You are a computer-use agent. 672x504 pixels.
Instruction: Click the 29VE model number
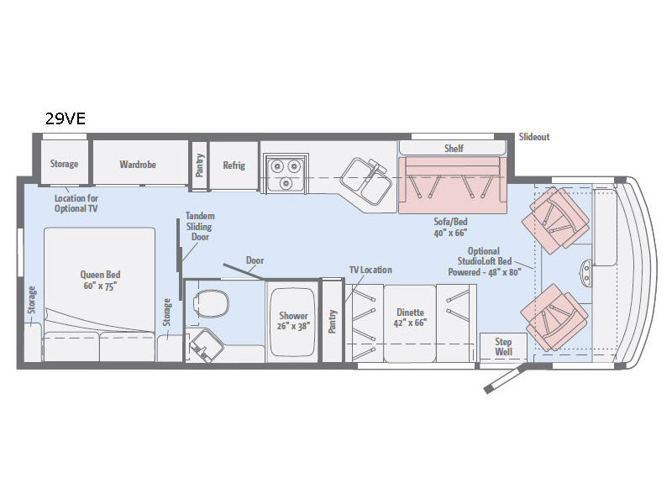click(66, 118)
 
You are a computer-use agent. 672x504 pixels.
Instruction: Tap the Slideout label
click(534, 137)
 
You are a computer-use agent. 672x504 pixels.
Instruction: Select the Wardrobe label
click(138, 165)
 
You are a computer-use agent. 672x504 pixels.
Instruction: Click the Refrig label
click(234, 165)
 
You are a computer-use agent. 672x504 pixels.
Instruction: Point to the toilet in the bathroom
click(211, 303)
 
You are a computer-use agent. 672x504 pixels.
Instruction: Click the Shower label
click(293, 316)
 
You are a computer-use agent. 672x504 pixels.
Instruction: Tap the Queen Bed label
click(100, 275)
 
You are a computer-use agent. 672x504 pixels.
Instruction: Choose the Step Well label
click(503, 347)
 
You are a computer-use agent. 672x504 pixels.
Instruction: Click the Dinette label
click(410, 312)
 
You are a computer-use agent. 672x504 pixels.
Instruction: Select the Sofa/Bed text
click(450, 222)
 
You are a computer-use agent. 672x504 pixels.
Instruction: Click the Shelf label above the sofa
click(454, 149)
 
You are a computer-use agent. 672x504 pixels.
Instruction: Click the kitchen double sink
click(366, 181)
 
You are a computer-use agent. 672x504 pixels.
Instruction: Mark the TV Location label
click(370, 270)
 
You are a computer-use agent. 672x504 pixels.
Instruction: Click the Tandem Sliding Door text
click(200, 226)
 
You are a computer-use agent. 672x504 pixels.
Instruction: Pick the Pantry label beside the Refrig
click(200, 165)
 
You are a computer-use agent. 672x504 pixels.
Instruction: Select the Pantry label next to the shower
click(333, 322)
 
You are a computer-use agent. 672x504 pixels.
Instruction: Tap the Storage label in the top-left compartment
click(65, 164)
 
